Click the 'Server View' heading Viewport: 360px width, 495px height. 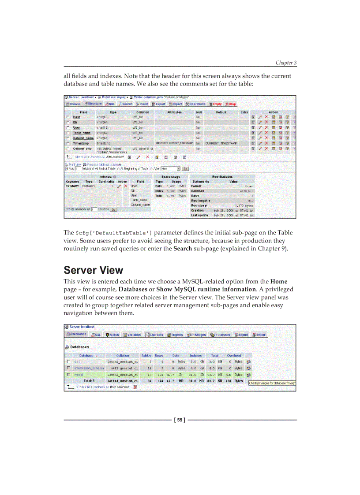(93, 270)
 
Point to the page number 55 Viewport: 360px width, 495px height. (180, 419)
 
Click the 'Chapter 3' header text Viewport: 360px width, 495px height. (286, 63)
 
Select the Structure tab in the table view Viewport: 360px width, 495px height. (93, 104)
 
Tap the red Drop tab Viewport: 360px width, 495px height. (231, 104)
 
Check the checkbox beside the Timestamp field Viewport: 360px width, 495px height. (68, 143)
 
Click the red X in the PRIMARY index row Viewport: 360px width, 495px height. (125, 186)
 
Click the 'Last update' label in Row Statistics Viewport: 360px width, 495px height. (199, 215)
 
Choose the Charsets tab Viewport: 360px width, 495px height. (154, 335)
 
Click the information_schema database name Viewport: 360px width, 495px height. (89, 368)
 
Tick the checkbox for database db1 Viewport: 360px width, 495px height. (68, 361)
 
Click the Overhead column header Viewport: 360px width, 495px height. (234, 355)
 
